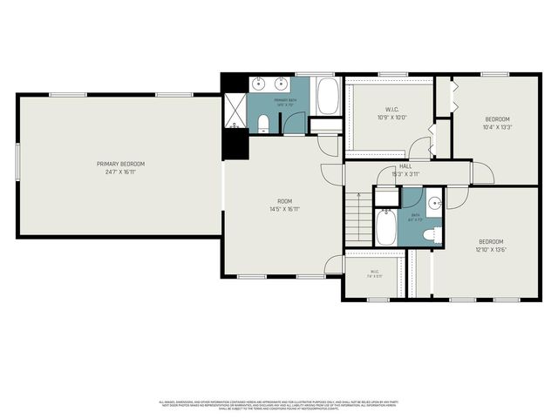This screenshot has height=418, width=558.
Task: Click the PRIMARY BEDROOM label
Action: pyautogui.click(x=120, y=164)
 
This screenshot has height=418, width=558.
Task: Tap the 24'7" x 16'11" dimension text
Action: pyautogui.click(x=120, y=172)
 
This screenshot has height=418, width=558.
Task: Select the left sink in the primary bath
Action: pyautogui.click(x=260, y=84)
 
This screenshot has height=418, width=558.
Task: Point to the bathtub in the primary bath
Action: pyautogui.click(x=328, y=97)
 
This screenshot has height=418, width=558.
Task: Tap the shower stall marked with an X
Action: pyautogui.click(x=234, y=110)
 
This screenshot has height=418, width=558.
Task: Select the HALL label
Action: pyautogui.click(x=405, y=166)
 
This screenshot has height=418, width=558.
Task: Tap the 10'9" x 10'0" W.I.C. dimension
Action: pyautogui.click(x=393, y=118)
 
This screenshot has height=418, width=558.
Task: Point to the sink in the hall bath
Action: pyautogui.click(x=435, y=206)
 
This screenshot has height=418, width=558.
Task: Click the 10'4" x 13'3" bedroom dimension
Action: pyautogui.click(x=498, y=126)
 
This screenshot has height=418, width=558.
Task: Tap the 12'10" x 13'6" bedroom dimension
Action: pyautogui.click(x=490, y=248)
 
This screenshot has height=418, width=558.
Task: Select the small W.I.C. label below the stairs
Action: pyautogui.click(x=374, y=271)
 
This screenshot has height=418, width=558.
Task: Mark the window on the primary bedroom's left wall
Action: pyautogui.click(x=17, y=163)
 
